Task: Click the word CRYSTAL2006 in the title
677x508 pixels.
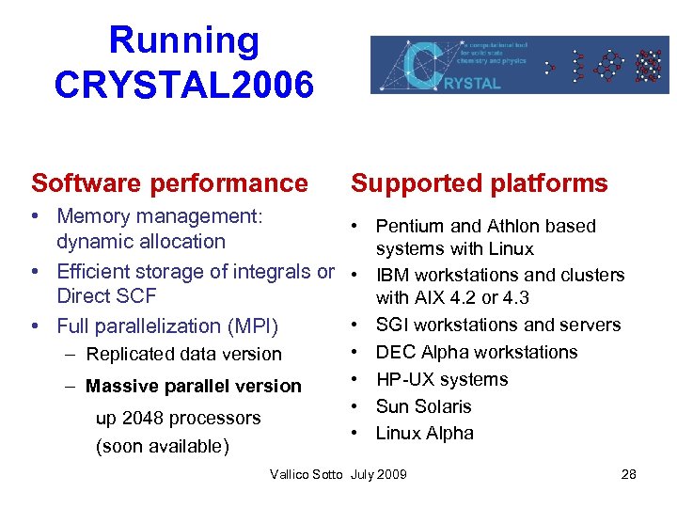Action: (183, 85)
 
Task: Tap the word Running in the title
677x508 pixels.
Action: (183, 40)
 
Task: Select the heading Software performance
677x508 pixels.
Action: (169, 183)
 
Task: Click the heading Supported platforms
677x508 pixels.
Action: (480, 183)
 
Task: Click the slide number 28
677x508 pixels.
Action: (629, 474)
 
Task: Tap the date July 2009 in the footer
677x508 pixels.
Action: (379, 474)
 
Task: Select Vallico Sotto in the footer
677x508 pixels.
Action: (306, 474)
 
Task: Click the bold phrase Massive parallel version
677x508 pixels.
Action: (194, 386)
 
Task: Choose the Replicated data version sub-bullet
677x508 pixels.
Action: (183, 355)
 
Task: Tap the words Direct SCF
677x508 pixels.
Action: (106, 296)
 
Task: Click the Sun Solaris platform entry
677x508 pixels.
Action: (423, 406)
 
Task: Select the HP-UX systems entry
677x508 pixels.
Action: (441, 379)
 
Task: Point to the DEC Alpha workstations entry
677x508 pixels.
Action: (477, 352)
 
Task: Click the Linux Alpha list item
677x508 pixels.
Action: (424, 434)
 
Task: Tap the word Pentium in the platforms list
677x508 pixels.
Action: (409, 226)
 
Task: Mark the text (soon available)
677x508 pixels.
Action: (162, 446)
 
